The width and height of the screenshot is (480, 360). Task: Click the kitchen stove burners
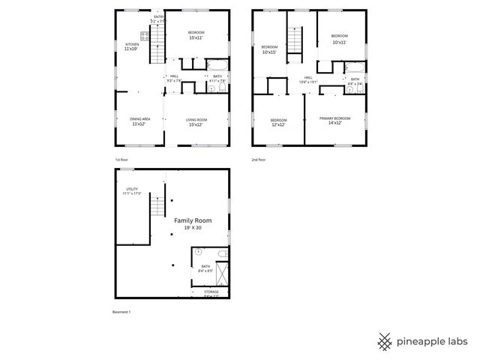point(143,35)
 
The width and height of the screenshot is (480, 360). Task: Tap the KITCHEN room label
point(131,44)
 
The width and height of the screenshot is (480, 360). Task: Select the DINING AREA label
point(140,118)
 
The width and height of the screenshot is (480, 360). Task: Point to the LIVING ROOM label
point(196,118)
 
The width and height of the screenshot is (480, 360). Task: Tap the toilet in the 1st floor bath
point(212,88)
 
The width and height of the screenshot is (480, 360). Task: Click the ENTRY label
point(159,16)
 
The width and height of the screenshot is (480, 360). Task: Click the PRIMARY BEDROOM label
point(334,118)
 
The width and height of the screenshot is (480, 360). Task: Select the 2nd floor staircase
point(295,39)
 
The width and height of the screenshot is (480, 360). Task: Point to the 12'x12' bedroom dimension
point(278,124)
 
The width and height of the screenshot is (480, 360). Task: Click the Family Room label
point(193,220)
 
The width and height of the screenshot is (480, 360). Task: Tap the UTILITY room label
point(132,189)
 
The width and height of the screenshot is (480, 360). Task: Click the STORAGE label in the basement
point(211,292)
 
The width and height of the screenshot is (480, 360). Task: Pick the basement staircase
point(157,205)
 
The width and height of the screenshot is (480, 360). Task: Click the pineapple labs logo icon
point(385,340)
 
